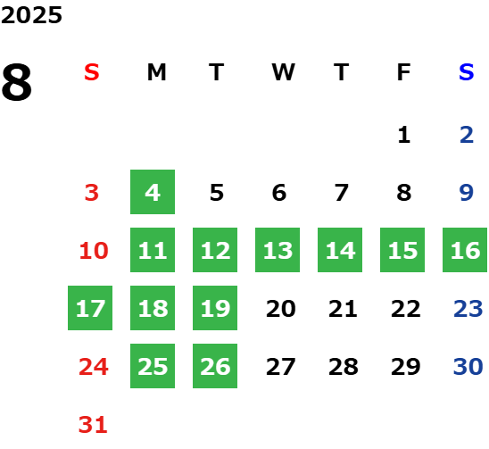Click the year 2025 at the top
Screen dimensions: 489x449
31,15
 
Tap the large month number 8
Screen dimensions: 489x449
17,82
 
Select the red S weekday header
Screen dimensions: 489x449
92,72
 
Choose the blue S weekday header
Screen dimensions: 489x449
466,72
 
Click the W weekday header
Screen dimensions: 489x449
283,72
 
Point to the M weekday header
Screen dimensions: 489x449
156,72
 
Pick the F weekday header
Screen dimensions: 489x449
404,72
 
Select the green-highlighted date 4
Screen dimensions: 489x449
153,192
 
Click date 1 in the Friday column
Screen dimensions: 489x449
404,135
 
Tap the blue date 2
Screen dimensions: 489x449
467,135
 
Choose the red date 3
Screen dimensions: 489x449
92,193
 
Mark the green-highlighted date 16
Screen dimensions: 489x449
465,250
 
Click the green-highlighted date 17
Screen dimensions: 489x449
90,308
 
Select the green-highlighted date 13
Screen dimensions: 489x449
278,250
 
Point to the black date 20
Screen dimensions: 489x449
281,309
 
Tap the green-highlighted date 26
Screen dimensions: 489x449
215,366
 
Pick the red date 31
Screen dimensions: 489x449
93,425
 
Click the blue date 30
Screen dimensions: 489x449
468,367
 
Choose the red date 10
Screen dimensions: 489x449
94,251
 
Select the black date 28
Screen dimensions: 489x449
344,367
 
